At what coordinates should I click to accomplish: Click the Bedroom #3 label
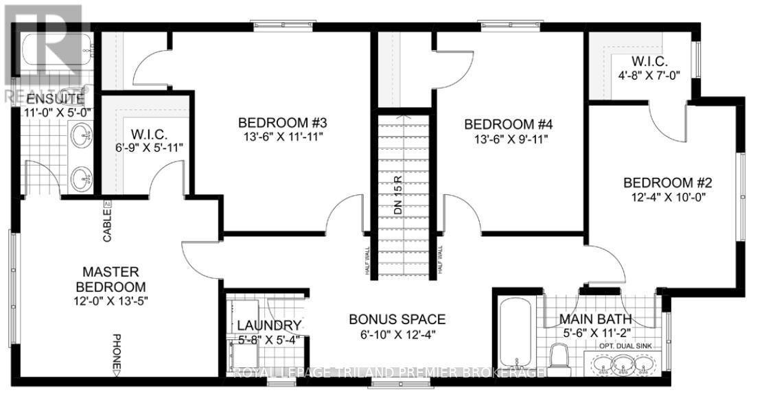coord(282,123)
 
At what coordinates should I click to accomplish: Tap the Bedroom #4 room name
coord(509,124)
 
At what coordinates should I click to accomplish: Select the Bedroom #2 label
coord(667,183)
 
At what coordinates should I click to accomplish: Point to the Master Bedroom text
coord(111,279)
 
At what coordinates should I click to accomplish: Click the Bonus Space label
coord(397,319)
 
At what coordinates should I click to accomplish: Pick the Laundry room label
coord(268,325)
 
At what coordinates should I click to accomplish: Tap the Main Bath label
coord(594,319)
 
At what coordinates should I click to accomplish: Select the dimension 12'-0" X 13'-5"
coord(111,301)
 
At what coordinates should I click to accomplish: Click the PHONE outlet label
coord(116,352)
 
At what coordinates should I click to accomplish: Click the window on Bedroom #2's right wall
coord(741,196)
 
